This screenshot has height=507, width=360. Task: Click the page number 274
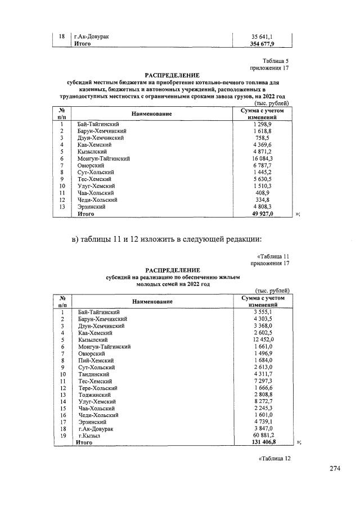coord(336,469)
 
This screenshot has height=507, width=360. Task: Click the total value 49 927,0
coord(263,214)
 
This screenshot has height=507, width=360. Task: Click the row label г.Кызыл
coord(90,435)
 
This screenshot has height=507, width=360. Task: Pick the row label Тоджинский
coord(94,395)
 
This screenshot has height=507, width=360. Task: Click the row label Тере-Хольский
coord(97,388)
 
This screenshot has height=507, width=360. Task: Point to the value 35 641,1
coord(263,37)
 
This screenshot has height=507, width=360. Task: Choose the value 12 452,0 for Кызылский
coord(263,339)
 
